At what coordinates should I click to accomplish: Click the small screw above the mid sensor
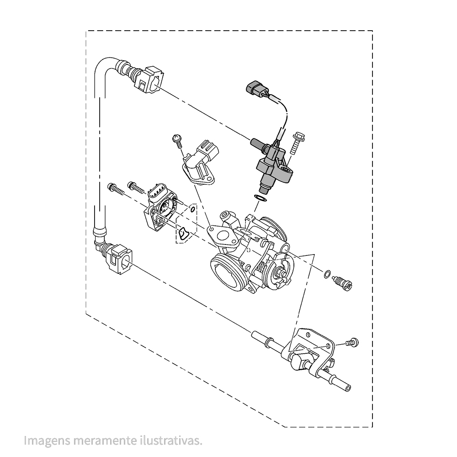(x=177, y=139)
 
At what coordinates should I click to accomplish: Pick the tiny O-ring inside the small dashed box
(x=192, y=210)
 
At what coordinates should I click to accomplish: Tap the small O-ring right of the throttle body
(x=327, y=274)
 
